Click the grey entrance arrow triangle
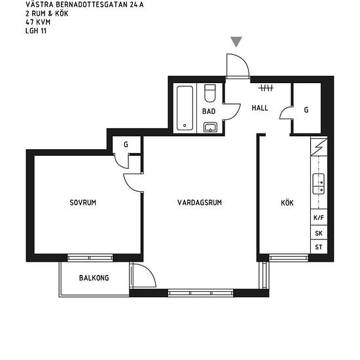236,41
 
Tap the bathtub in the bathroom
185,108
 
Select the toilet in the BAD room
210,93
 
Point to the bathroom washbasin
210,127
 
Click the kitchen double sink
319,184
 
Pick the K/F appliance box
319,217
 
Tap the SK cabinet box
319,233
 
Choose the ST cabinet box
319,247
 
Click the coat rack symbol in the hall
266,88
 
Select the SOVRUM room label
83,202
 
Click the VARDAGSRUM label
200,202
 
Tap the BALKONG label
94,278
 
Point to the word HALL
260,108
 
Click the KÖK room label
287,202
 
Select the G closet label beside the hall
306,110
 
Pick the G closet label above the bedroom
126,145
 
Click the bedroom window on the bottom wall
90,258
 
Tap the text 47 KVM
38,22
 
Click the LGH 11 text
36,31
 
